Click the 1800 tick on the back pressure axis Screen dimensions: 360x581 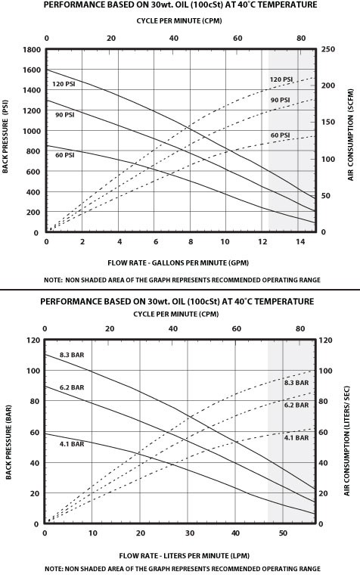tap(32, 50)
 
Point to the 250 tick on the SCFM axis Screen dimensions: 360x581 tap(327, 49)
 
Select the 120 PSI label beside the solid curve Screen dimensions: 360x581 tap(64, 84)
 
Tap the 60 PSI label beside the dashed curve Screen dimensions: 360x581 tap(281, 135)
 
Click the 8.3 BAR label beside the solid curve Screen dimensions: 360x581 tap(72, 355)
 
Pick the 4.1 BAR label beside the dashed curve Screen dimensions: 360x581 tap(296, 437)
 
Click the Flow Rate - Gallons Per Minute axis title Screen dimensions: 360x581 tap(178, 263)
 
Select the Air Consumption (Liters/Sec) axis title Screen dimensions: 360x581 tap(346, 441)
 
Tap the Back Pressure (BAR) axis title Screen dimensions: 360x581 tap(8, 442)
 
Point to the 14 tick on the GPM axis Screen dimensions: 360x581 tap(300, 241)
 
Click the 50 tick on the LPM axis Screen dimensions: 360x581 tap(283, 533)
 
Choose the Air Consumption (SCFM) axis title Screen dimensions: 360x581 tap(350, 135)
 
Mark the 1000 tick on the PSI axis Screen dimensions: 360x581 tap(32, 131)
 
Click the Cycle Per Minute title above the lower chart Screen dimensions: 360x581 tap(176, 314)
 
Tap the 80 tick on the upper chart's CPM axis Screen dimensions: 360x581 tap(302, 38)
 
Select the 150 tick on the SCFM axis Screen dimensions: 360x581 tap(327, 122)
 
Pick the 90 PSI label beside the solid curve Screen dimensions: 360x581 tap(65, 115)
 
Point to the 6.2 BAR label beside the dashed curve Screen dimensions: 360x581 tap(296, 405)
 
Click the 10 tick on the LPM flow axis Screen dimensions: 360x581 tap(92, 533)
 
